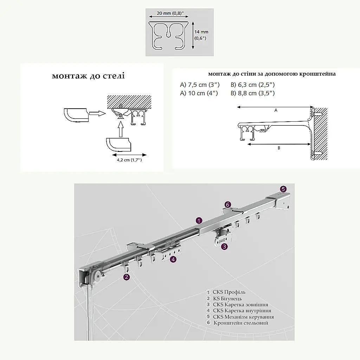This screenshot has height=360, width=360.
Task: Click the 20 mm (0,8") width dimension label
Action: point(170,13)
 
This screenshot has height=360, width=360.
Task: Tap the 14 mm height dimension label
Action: point(201,32)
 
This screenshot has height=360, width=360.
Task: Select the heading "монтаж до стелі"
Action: point(88,76)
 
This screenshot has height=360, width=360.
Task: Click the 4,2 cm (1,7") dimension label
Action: point(129,160)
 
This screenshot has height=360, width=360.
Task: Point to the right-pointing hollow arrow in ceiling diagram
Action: point(97,113)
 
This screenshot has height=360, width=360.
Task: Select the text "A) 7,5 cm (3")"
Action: point(200,85)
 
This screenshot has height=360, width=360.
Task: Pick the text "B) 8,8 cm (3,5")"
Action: point(252,93)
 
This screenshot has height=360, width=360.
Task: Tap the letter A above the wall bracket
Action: point(276,110)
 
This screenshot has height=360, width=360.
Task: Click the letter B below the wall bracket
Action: point(279,148)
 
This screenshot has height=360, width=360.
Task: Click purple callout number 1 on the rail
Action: point(199,221)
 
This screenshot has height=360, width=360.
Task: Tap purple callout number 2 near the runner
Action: point(127,277)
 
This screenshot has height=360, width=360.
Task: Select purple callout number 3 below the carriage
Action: point(224,247)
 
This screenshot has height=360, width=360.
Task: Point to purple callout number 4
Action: point(173,259)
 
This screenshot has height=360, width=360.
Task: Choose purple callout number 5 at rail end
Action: point(283,189)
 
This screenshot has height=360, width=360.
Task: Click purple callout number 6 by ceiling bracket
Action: point(228,205)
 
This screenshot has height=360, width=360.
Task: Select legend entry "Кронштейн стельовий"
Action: point(241,323)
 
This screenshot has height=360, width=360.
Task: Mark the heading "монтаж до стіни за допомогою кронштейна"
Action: point(272,74)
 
